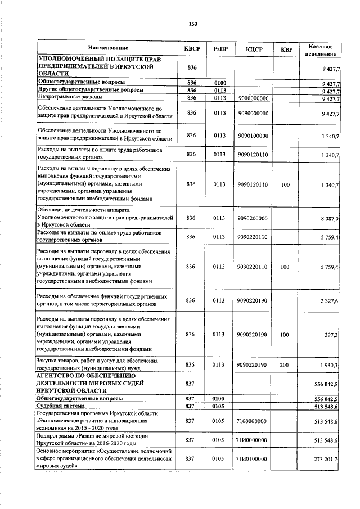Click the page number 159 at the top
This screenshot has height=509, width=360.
tap(193, 24)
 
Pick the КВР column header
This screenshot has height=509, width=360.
tap(286, 49)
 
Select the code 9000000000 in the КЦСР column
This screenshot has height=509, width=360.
tap(252, 98)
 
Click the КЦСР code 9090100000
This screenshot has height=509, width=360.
tap(252, 135)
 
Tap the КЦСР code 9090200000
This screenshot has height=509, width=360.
tap(252, 218)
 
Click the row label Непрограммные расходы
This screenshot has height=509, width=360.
tap(68, 98)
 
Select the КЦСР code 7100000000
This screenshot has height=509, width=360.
tap(252, 420)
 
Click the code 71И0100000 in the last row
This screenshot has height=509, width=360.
tap(252, 459)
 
